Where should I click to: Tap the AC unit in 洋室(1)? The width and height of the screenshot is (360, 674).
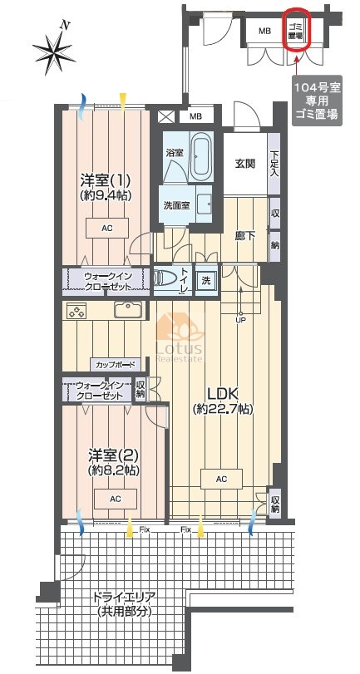pyautogui.click(x=107, y=229)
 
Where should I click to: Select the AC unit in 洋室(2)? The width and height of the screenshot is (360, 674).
pyautogui.click(x=116, y=499)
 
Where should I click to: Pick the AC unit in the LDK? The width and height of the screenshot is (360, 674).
pyautogui.click(x=221, y=480)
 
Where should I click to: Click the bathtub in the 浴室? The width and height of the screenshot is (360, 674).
pyautogui.click(x=200, y=156)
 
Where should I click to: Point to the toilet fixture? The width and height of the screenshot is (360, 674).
pyautogui.click(x=165, y=279)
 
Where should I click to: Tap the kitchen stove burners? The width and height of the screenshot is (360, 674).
pyautogui.click(x=76, y=310)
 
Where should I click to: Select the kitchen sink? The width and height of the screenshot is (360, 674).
pyautogui.click(x=128, y=309)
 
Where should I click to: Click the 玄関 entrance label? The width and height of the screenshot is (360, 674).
pyautogui.click(x=245, y=164)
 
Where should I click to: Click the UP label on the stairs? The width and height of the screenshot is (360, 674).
pyautogui.click(x=241, y=321)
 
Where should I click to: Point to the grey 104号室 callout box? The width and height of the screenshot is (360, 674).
pyautogui.click(x=317, y=101)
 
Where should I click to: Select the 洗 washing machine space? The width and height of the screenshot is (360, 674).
pyautogui.click(x=206, y=281)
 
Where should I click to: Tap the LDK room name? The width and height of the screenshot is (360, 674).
pyautogui.click(x=223, y=394)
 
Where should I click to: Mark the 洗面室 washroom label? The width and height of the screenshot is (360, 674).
pyautogui.click(x=176, y=205)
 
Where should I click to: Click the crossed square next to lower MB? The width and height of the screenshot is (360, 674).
pyautogui.click(x=165, y=116)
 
